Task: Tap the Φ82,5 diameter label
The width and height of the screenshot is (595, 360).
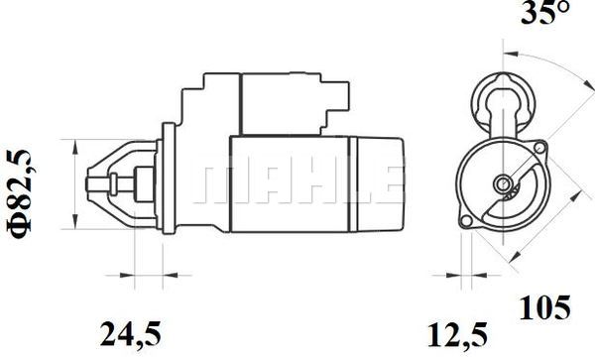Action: (19, 194)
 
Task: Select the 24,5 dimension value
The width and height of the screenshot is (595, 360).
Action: (131, 334)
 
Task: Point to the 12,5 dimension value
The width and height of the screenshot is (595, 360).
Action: (457, 334)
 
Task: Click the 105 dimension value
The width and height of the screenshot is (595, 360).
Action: (544, 307)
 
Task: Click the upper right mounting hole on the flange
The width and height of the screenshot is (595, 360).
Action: (539, 147)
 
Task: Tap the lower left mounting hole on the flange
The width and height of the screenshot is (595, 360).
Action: (466, 221)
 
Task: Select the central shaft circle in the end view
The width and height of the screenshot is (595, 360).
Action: (503, 184)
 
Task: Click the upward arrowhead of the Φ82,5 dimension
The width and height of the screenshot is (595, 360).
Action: (75, 147)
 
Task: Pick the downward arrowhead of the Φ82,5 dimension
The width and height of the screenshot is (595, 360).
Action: (75, 222)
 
